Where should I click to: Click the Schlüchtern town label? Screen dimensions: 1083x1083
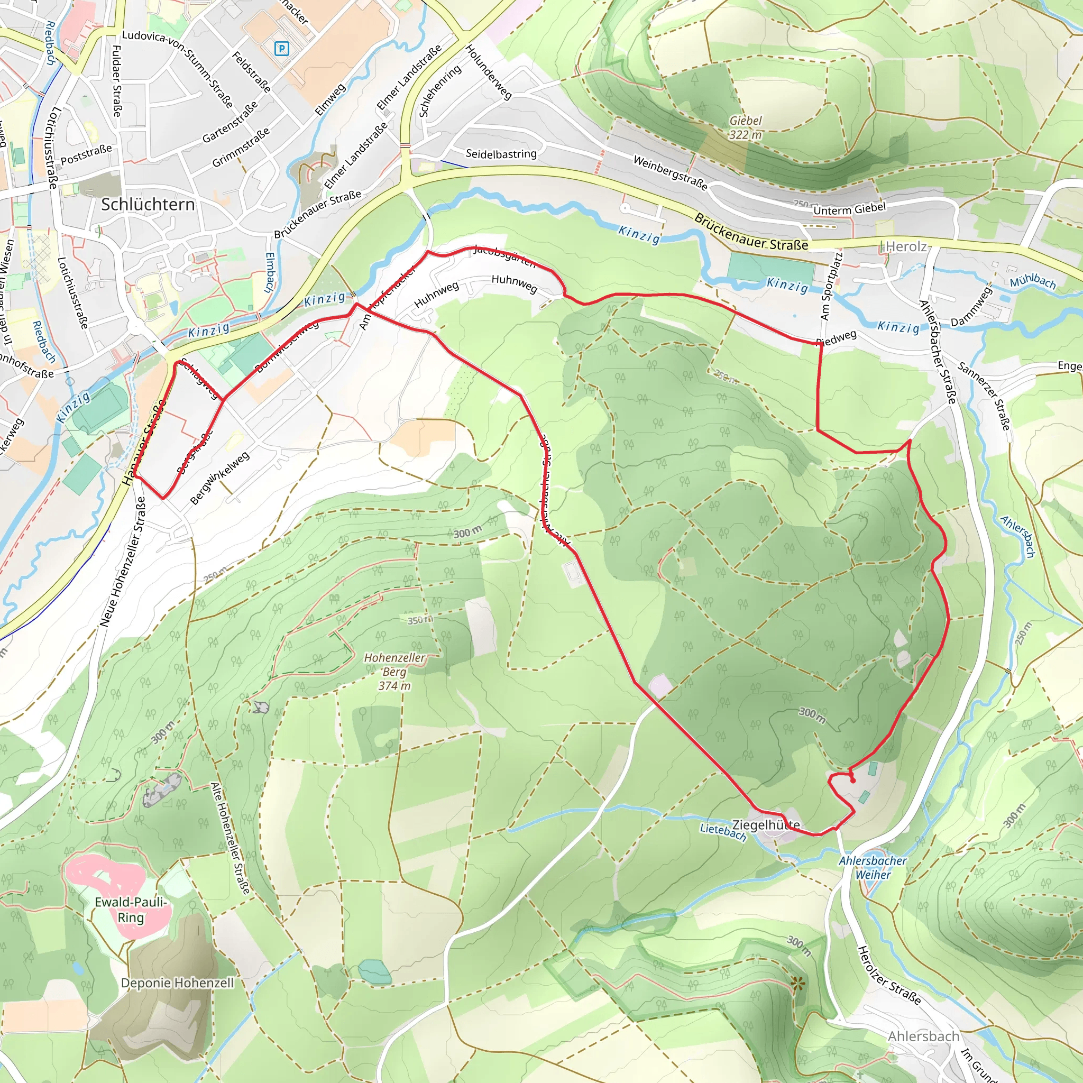click(x=148, y=205)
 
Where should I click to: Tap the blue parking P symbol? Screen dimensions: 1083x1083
click(x=281, y=49)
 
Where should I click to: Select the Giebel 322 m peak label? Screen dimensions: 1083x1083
click(x=745, y=128)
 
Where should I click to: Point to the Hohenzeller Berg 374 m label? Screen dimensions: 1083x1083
click(x=394, y=671)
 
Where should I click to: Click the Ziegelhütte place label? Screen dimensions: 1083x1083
click(x=766, y=825)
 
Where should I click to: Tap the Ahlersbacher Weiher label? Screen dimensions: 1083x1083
click(x=873, y=867)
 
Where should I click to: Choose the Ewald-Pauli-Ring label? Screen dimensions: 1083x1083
click(x=131, y=910)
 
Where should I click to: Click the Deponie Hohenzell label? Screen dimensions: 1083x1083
click(x=177, y=983)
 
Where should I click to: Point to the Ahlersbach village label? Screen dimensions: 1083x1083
click(x=923, y=1036)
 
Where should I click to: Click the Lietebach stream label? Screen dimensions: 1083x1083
click(x=723, y=832)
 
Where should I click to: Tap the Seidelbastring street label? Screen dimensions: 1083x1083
click(x=501, y=153)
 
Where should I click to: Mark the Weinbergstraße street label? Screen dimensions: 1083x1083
click(x=671, y=172)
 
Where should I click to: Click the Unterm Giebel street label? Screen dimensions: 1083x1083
click(x=849, y=209)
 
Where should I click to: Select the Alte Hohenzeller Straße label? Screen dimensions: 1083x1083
click(x=230, y=839)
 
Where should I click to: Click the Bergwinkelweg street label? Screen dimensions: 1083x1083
click(x=220, y=478)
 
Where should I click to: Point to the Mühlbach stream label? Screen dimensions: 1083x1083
click(x=1033, y=281)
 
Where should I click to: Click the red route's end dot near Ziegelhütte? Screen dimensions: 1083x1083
click(x=852, y=781)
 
